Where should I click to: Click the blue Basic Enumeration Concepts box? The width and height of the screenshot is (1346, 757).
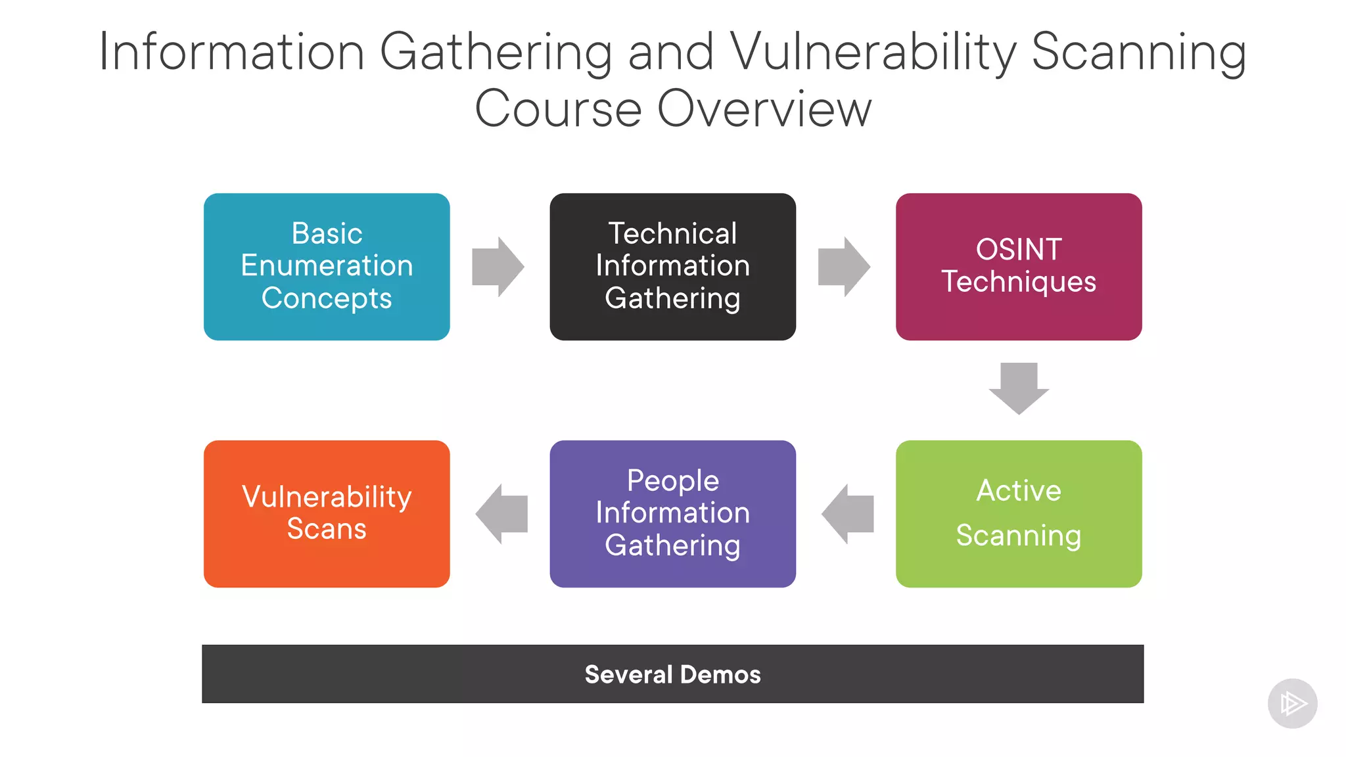[x=327, y=266]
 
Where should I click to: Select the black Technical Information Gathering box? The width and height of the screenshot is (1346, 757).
[x=672, y=266]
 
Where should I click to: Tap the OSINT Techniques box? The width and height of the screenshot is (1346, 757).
[x=1018, y=266]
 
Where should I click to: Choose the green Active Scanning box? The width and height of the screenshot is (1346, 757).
[x=1018, y=513]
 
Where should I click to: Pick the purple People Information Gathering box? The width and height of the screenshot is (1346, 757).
[x=672, y=513]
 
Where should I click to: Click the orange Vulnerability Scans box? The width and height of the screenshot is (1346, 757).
[x=327, y=513]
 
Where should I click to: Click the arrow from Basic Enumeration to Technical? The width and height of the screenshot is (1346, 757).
[x=498, y=267]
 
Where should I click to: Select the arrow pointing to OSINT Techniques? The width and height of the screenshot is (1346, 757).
[x=844, y=267]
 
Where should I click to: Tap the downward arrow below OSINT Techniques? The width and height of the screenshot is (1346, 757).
[x=1019, y=388]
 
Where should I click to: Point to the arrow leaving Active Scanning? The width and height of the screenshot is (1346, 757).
[x=847, y=514]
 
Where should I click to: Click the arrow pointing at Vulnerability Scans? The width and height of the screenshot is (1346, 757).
[x=501, y=514]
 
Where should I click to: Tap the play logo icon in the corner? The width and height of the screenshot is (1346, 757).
[x=1292, y=703]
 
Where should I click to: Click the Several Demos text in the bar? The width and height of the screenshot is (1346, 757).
[x=672, y=674]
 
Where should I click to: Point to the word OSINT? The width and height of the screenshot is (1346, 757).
[x=1018, y=250]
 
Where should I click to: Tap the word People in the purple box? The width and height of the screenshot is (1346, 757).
[x=672, y=480]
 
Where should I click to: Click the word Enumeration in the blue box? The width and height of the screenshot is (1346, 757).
[x=327, y=265]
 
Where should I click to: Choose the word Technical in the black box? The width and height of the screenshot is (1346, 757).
[x=672, y=233]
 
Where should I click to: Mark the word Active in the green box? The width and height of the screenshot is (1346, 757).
[x=1018, y=491]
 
